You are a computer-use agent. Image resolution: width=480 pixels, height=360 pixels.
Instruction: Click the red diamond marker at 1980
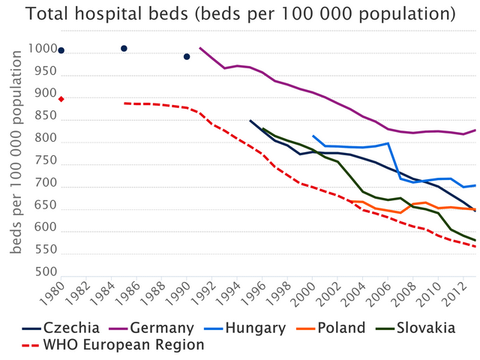pyautogui.click(x=61, y=99)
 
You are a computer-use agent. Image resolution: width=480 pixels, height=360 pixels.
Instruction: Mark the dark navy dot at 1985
pyautogui.click(x=124, y=49)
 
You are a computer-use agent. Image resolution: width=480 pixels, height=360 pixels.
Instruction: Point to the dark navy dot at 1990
pyautogui.click(x=187, y=57)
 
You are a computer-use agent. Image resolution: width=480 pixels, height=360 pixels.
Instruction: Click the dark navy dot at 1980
pyautogui.click(x=61, y=50)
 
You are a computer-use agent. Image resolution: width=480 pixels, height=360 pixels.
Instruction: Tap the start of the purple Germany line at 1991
pyautogui.click(x=200, y=48)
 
